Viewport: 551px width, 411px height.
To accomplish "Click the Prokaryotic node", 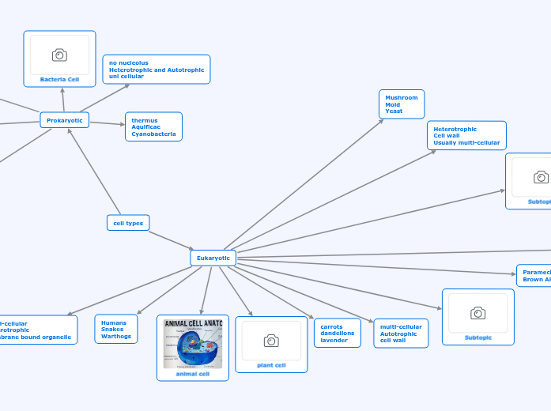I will coord(65,120).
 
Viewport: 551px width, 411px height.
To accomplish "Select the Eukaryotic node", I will coord(213,258).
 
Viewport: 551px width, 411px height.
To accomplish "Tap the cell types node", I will coord(128,223).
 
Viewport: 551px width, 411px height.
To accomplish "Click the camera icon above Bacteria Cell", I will coord(59,55).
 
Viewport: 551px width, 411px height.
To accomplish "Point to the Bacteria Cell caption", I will coord(59,79).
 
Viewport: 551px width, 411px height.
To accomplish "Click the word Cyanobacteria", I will coord(153,134).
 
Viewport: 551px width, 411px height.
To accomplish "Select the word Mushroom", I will coord(401,97).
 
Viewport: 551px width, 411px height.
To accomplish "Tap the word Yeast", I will coord(394,111).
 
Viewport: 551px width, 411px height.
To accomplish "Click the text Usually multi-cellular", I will coord(466,143).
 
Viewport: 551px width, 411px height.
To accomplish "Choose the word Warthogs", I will coord(115,337).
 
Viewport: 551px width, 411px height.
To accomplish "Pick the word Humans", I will coord(114,322).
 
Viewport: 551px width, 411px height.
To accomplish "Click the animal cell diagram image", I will coord(193,344).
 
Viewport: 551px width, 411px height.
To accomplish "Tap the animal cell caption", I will coord(193,374).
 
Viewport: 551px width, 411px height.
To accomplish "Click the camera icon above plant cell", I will coord(271,341).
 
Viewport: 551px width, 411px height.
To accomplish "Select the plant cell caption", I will coord(271,365).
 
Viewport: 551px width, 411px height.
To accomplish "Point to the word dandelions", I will coord(338,334).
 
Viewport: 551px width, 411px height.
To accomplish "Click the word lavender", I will coord(334,341).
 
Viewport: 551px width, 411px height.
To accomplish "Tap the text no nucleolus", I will coord(129,62).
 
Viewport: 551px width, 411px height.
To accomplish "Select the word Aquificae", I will coord(145,127).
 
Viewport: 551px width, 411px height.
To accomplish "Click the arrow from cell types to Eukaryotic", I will coord(170,239).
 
